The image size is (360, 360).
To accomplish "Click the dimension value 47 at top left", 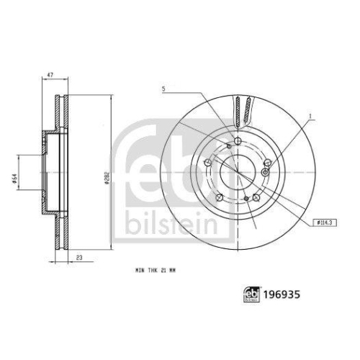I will tap(49, 75).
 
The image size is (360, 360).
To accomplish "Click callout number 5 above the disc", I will tap(165, 89).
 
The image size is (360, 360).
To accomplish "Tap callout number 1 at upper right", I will tap(310, 115).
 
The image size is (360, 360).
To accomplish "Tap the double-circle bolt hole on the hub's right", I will tap(266, 171).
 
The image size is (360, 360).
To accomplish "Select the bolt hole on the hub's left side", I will tap(208, 163).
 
